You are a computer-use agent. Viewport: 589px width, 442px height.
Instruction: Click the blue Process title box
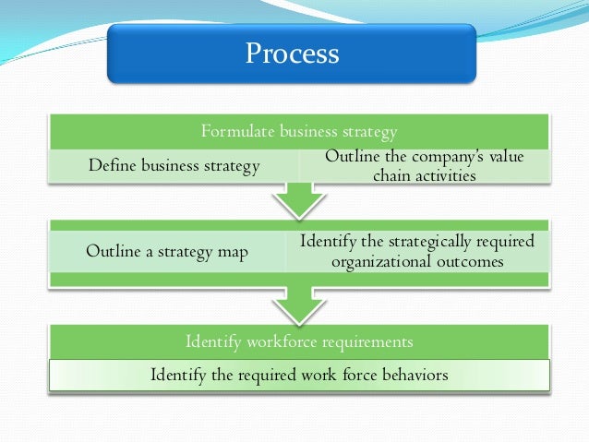pyautogui.click(x=292, y=54)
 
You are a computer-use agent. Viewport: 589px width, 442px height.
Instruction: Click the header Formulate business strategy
pyautogui.click(x=299, y=130)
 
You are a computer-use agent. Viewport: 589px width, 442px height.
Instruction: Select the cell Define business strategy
pyautogui.click(x=174, y=166)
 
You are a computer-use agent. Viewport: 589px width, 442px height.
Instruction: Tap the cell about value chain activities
pyautogui.click(x=424, y=166)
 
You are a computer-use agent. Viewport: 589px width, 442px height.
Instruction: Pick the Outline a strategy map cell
pyautogui.click(x=167, y=251)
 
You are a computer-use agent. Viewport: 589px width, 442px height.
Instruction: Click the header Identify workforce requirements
pyautogui.click(x=299, y=341)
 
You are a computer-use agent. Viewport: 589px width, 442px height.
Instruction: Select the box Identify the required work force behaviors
pyautogui.click(x=299, y=375)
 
